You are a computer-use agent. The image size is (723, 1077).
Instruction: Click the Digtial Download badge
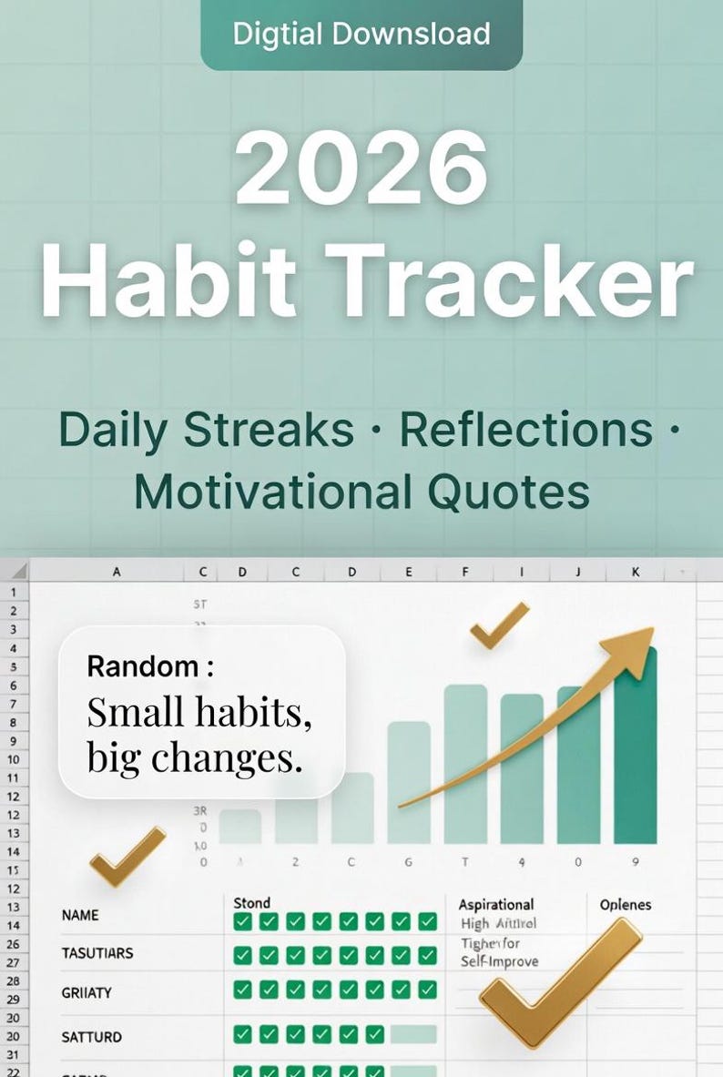(x=361, y=35)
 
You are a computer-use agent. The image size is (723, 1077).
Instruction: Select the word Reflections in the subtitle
(x=526, y=430)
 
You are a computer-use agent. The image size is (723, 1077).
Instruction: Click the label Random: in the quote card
(x=150, y=666)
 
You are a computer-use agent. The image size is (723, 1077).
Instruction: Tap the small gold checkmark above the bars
(x=498, y=626)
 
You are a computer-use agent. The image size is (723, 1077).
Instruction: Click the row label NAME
(x=80, y=915)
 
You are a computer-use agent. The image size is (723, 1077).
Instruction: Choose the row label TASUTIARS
(x=97, y=953)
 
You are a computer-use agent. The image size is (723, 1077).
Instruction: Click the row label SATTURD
(x=91, y=1036)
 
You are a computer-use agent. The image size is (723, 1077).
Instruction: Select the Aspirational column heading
(x=496, y=904)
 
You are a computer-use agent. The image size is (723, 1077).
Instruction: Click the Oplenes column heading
(x=626, y=904)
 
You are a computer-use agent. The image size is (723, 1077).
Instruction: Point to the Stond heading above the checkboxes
(x=252, y=903)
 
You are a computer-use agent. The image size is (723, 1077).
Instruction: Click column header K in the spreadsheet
(x=635, y=572)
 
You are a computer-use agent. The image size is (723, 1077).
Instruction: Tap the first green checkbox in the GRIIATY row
(x=242, y=990)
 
